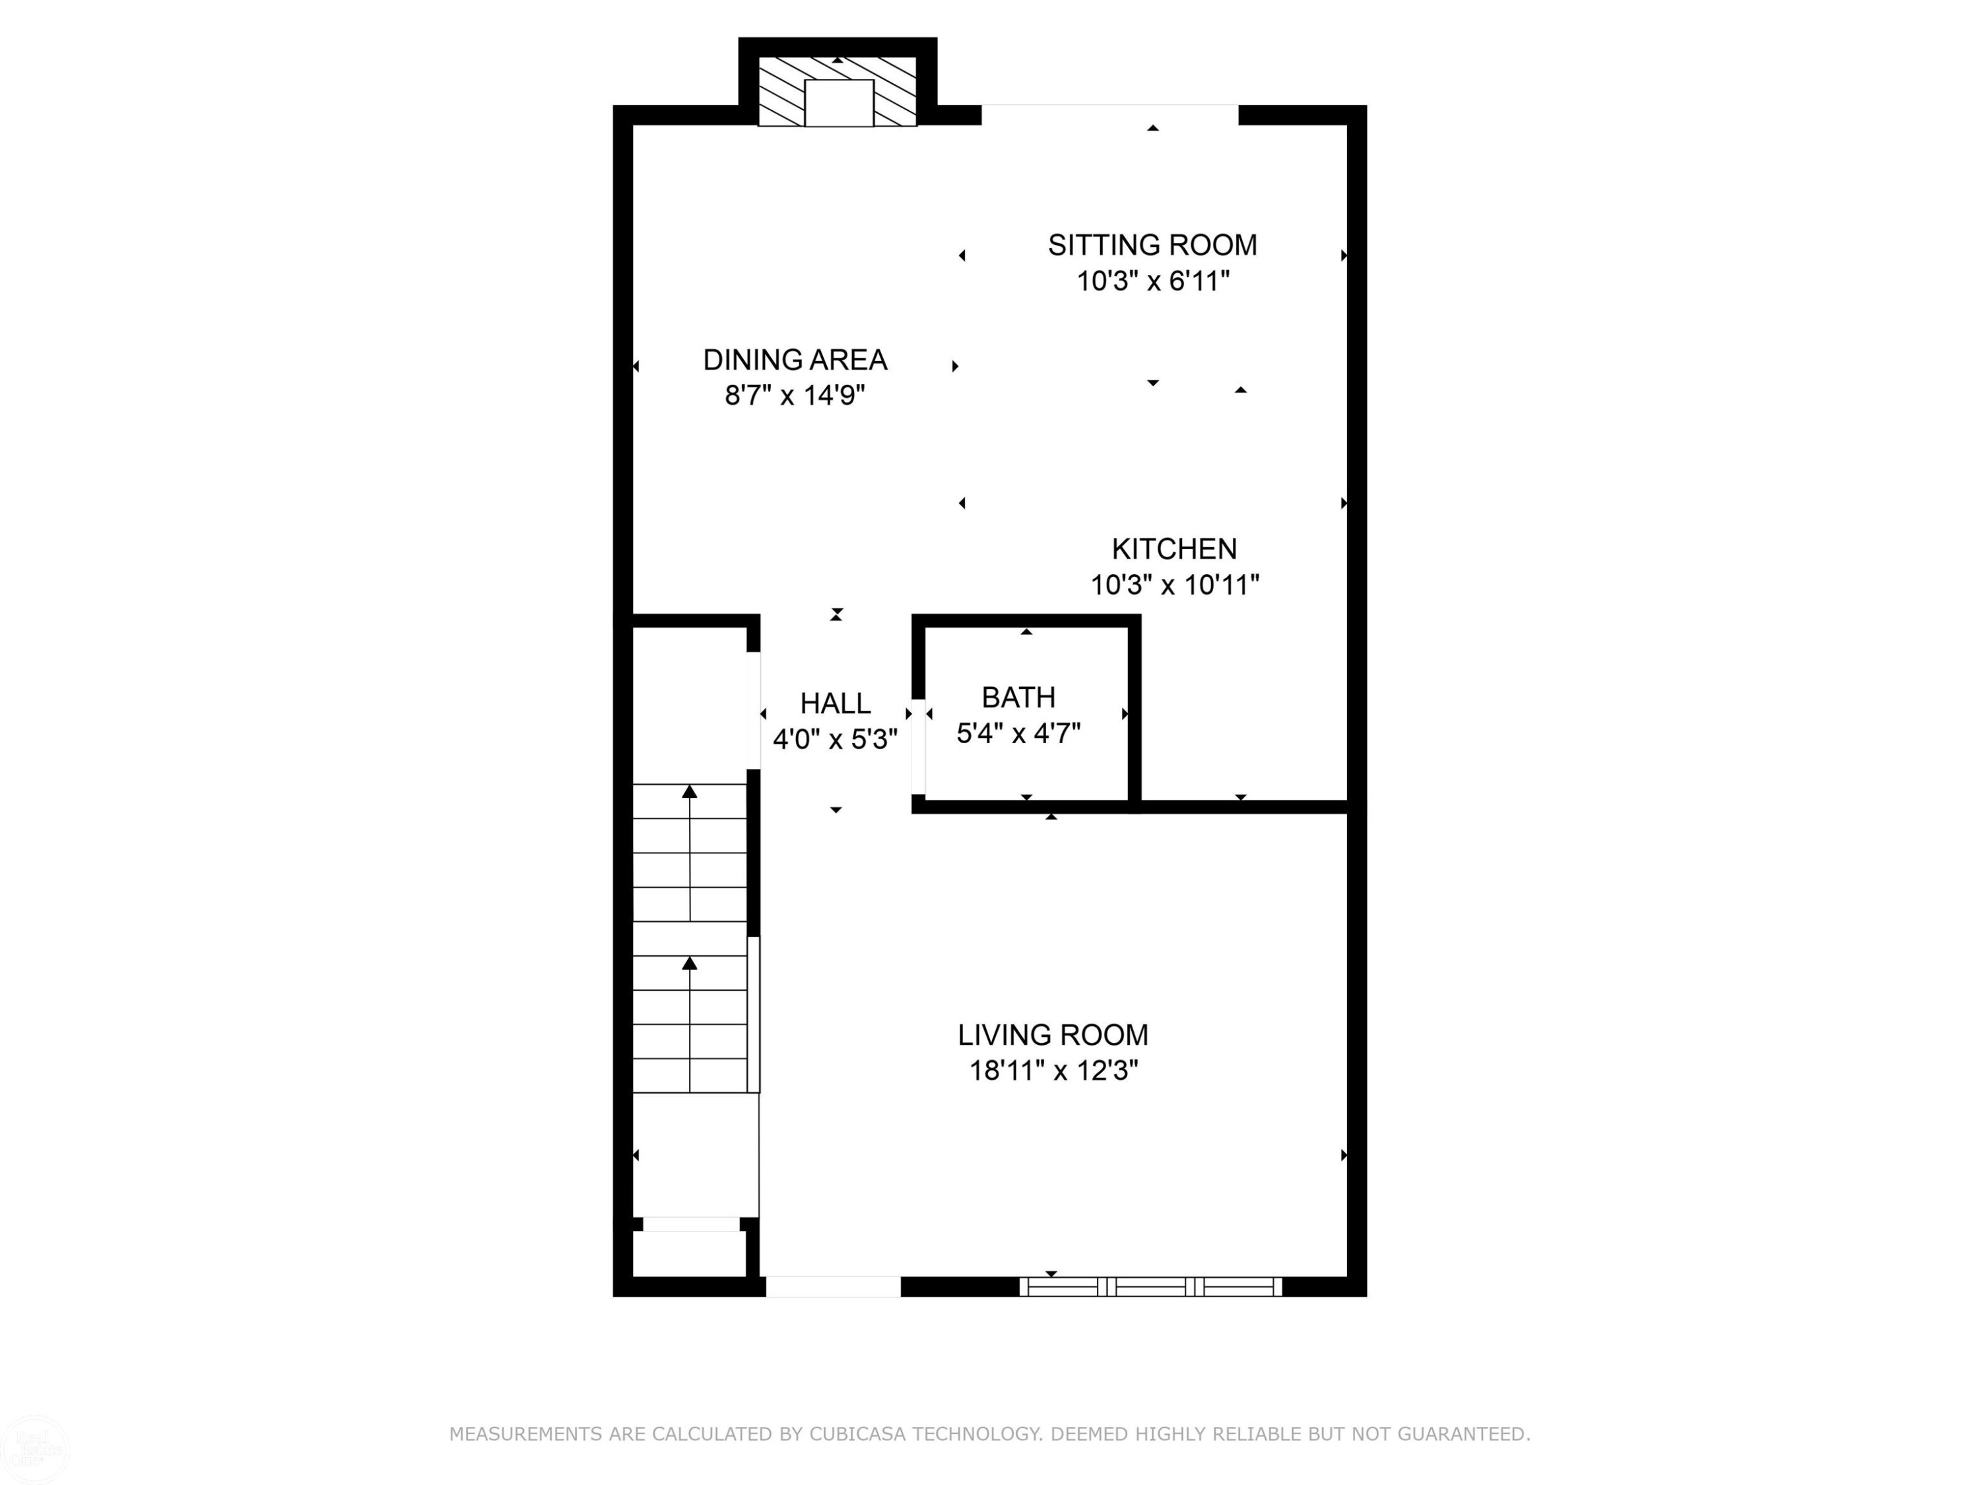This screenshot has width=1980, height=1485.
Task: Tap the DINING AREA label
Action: (x=795, y=360)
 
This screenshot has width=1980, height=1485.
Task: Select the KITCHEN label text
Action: (x=1174, y=548)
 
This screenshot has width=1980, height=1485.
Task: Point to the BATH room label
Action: (x=1018, y=698)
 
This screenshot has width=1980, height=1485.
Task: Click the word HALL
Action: (x=835, y=704)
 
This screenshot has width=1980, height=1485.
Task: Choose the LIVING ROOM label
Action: (x=1053, y=1035)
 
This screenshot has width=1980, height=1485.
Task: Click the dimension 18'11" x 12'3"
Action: (x=1053, y=1071)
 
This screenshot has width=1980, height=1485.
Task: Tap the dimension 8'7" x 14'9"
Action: (x=795, y=395)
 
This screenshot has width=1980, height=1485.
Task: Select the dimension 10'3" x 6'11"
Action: (x=1153, y=281)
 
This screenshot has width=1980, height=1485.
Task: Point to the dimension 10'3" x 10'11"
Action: (x=1174, y=585)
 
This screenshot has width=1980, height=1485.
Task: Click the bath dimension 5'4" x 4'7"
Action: (x=1018, y=734)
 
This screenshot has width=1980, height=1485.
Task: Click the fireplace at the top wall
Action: (x=838, y=92)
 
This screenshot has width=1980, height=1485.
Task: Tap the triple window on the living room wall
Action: (x=1151, y=1287)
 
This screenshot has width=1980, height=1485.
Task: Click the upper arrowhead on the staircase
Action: (x=689, y=791)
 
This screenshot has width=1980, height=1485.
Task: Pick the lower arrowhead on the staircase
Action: (x=689, y=963)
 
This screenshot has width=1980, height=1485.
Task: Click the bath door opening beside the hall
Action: (x=919, y=746)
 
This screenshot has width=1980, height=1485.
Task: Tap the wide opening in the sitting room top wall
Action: (x=1110, y=115)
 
